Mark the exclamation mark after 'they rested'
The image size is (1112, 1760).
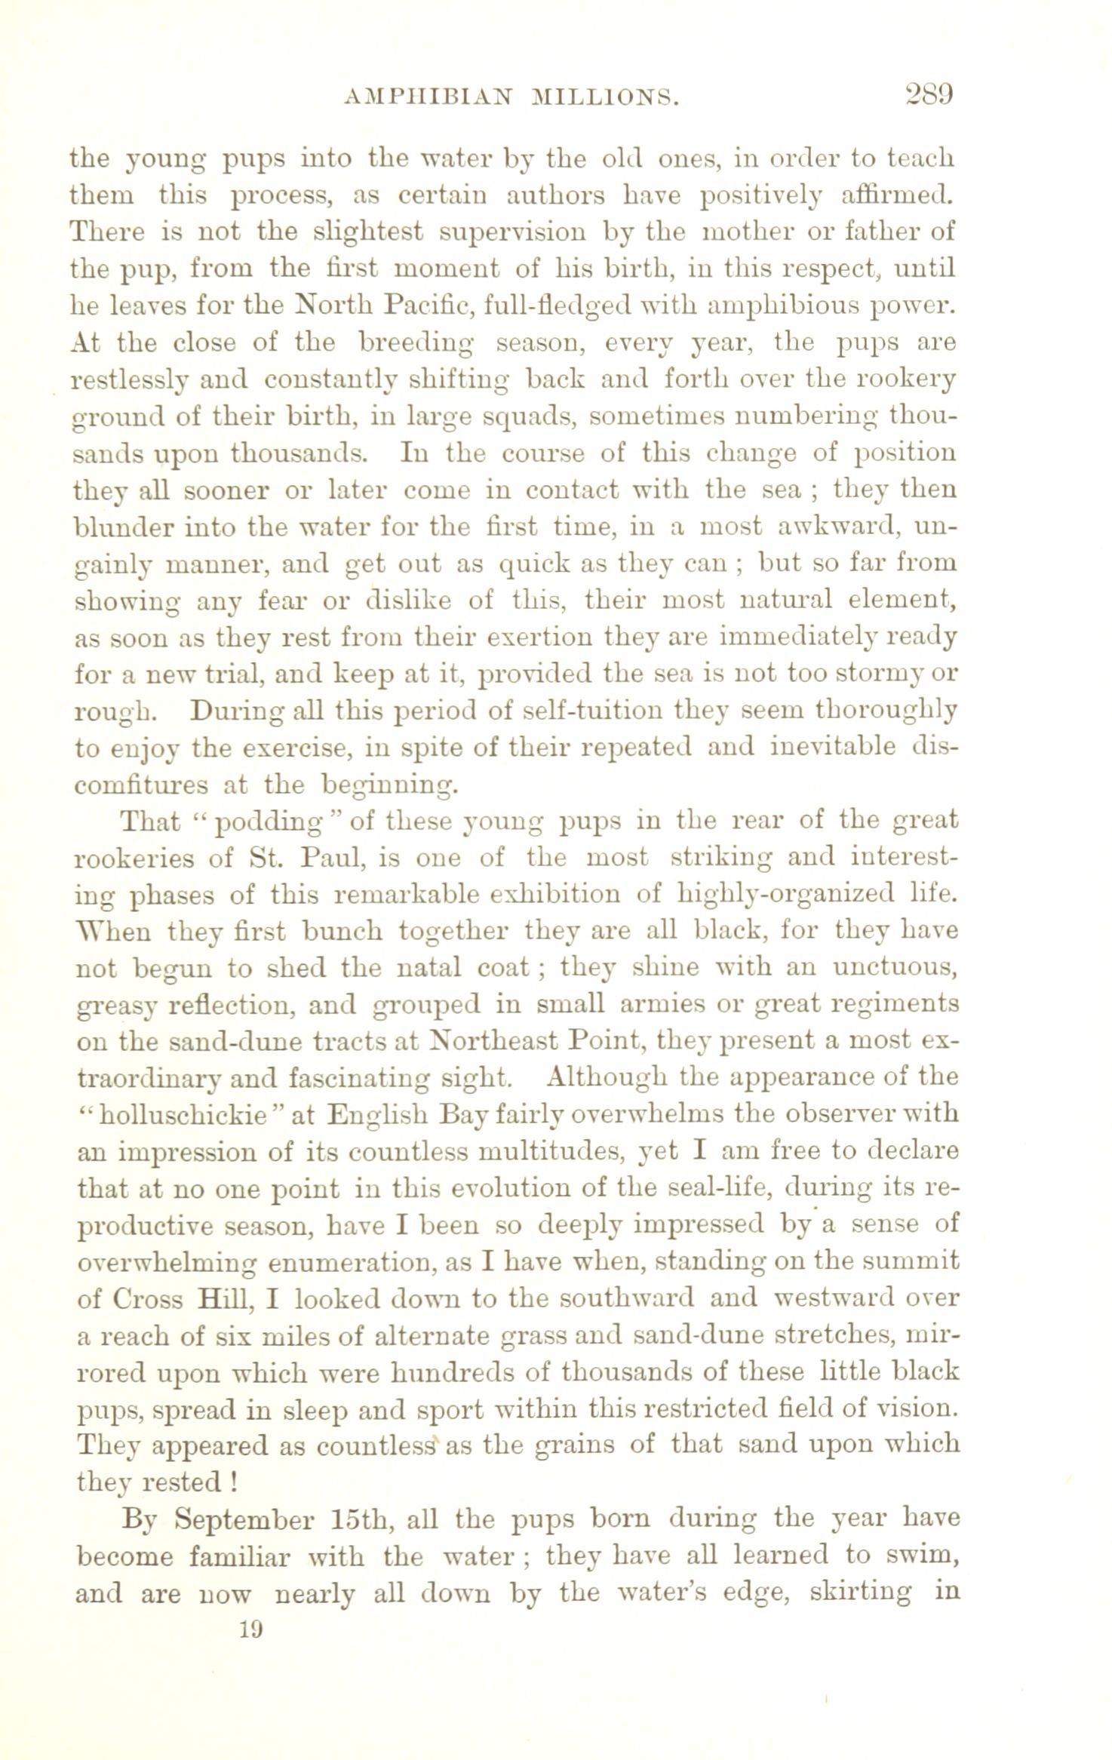[236, 1484]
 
